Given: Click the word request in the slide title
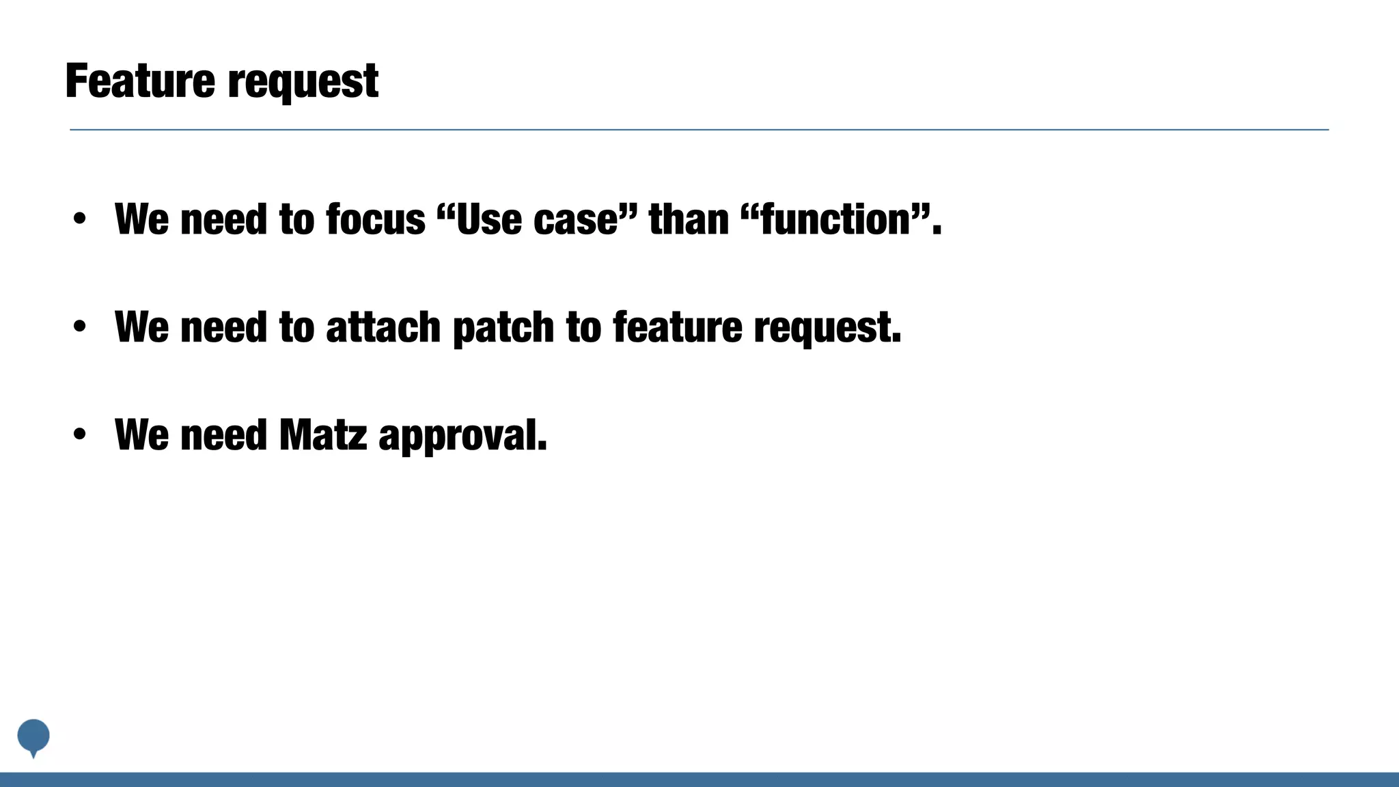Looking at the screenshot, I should (303, 83).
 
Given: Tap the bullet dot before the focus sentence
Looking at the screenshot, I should (80, 219).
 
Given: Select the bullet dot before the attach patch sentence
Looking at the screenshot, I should (80, 327).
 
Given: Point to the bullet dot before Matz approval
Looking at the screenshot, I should (80, 434).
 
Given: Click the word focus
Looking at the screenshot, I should (376, 220).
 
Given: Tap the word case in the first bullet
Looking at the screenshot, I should (575, 220).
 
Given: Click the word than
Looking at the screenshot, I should (689, 220).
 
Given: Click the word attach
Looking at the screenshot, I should (383, 328).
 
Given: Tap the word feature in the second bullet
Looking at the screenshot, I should (677, 328).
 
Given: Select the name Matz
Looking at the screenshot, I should (322, 435).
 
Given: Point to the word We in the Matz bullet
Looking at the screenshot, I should (141, 435).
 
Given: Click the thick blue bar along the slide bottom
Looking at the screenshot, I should (699, 779).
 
